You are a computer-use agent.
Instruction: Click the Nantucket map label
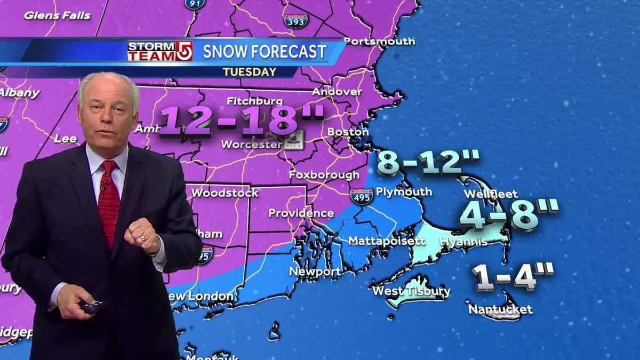click(500, 309)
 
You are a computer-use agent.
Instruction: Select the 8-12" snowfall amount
click(428, 163)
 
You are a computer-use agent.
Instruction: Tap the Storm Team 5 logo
click(159, 51)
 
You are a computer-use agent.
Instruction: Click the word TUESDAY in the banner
click(250, 71)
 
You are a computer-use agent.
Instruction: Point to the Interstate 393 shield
click(295, 21)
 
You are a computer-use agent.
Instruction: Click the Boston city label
click(348, 132)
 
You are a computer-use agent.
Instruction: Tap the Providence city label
click(301, 213)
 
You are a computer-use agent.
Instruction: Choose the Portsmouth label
click(379, 41)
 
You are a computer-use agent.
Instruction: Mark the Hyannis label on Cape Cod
click(463, 242)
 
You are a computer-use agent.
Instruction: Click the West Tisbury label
click(411, 291)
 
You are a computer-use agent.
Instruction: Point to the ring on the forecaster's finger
click(143, 238)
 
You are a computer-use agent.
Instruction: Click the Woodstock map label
click(225, 193)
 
